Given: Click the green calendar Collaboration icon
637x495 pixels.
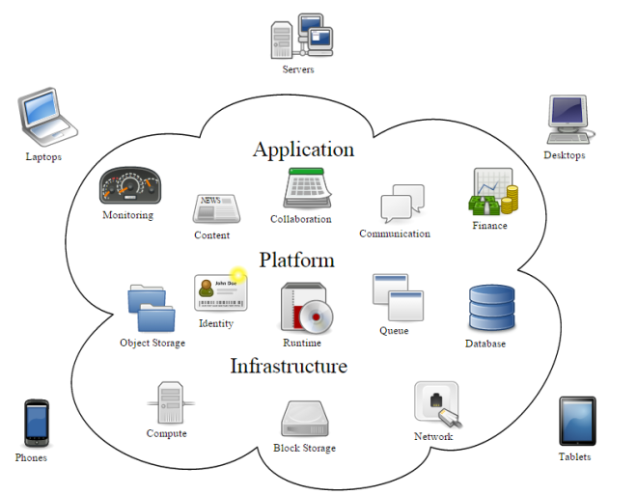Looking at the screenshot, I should (306, 187).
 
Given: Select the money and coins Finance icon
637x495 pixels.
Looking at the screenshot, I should (493, 193).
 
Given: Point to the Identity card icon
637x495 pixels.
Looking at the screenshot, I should (219, 292).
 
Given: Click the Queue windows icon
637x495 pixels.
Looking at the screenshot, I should (397, 297).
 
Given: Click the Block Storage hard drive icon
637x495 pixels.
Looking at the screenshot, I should (305, 420).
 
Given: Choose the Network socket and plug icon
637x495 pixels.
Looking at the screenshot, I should (435, 404).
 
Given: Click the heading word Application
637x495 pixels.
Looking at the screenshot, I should (303, 150).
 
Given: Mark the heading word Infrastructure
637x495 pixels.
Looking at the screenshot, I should (288, 367).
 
